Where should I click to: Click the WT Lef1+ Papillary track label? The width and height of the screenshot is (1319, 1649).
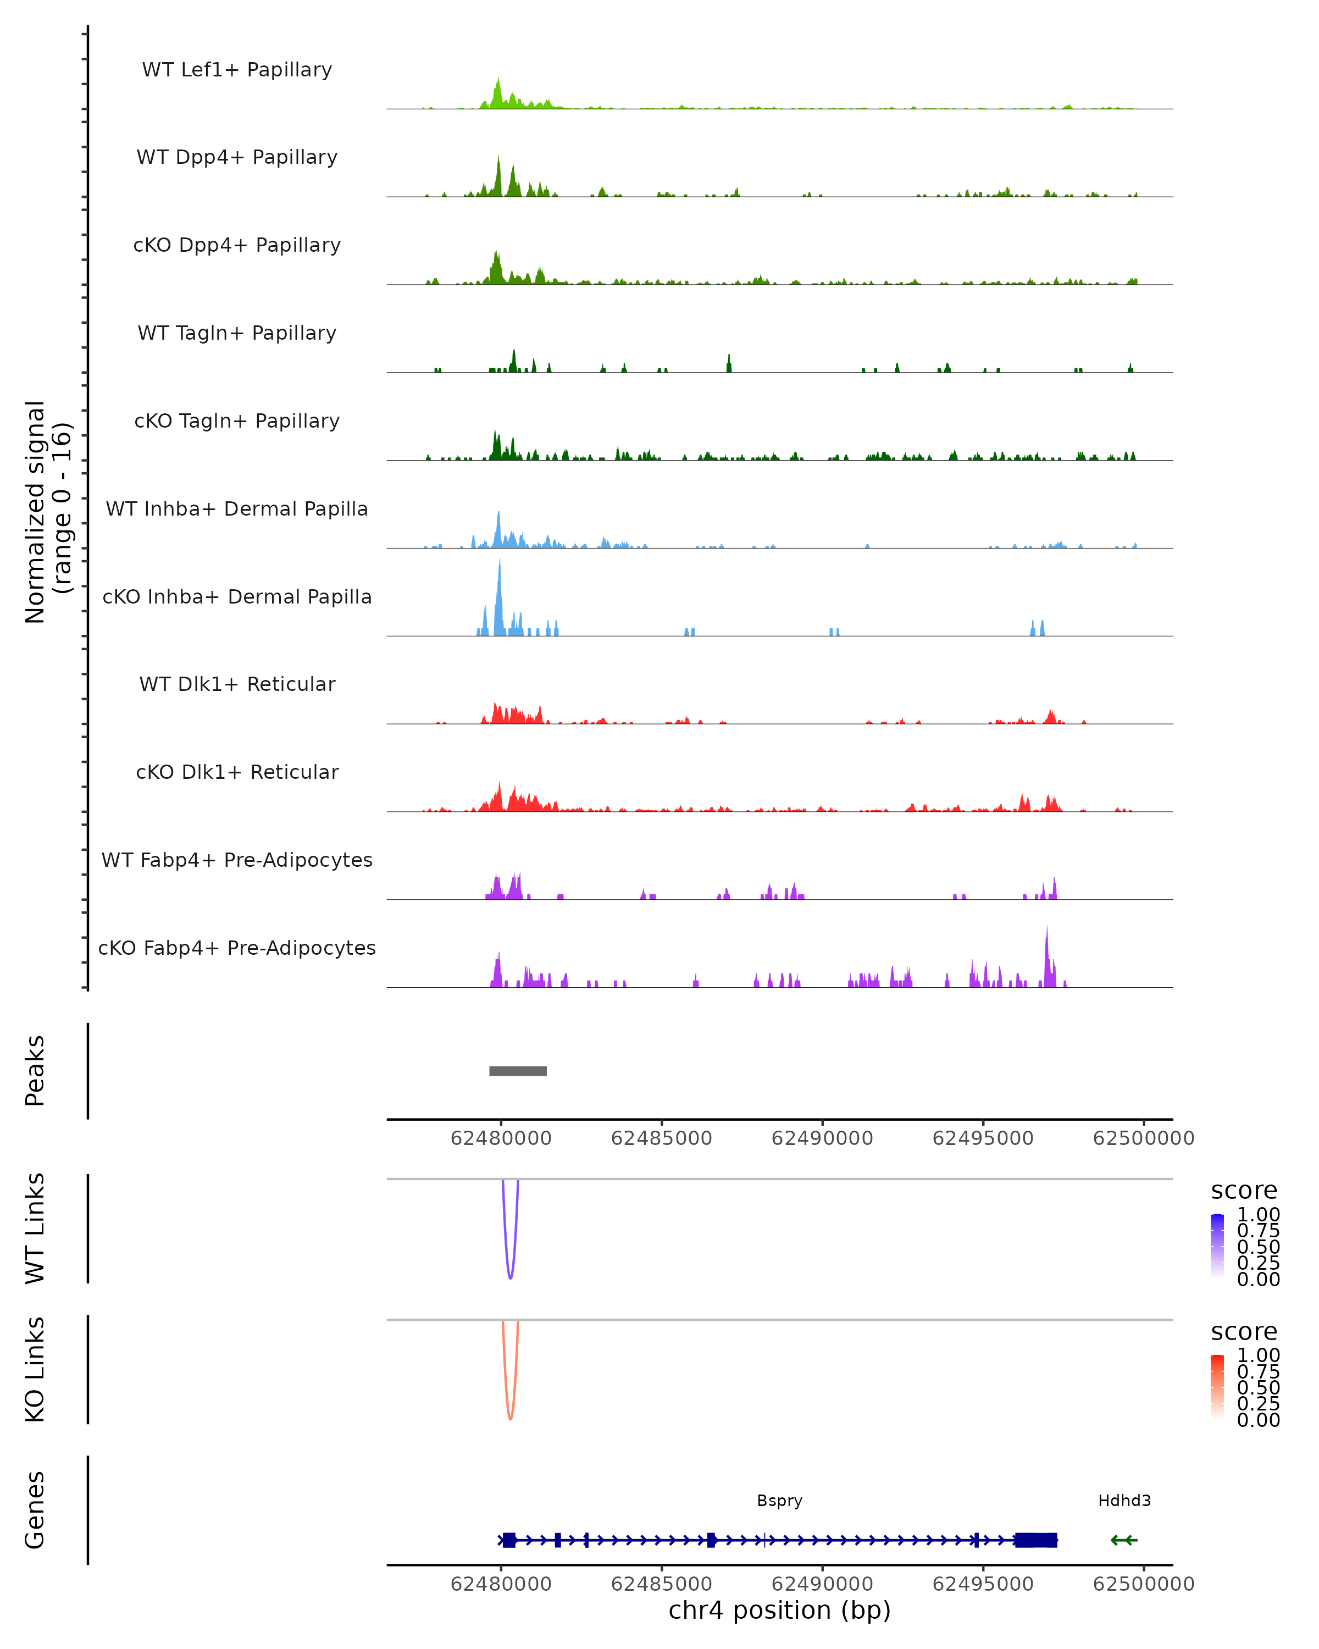[237, 70]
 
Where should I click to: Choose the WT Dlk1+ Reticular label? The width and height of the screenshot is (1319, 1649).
[237, 684]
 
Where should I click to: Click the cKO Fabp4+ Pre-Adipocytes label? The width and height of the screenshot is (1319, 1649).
[237, 948]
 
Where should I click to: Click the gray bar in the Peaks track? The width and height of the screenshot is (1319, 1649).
[518, 1071]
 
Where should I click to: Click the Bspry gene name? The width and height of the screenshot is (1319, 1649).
[779, 1501]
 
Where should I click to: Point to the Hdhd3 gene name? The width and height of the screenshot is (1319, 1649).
[1124, 1501]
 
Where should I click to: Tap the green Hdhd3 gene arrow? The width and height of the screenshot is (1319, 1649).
[1124, 1540]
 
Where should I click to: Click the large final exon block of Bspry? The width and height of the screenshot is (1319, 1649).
[1036, 1540]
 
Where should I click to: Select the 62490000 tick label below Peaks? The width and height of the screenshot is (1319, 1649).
[822, 1138]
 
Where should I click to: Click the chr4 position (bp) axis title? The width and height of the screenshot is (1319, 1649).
[779, 1610]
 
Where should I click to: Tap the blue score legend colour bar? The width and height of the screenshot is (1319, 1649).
[1217, 1245]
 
